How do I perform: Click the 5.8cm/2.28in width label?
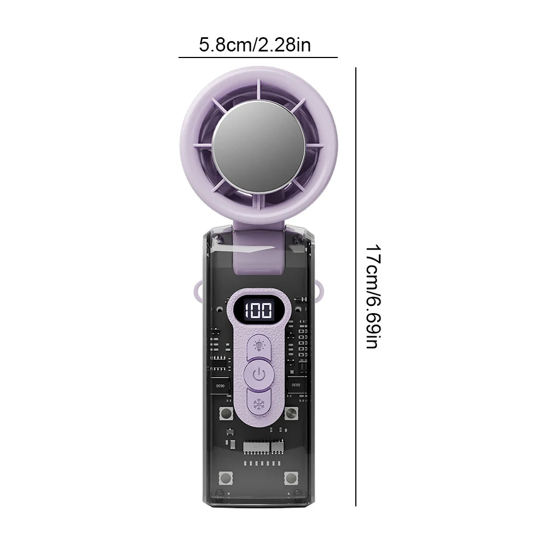tap(255, 45)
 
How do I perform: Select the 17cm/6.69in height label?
tap(373, 296)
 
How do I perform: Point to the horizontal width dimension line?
tap(258, 57)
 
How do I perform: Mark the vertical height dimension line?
tap(356, 286)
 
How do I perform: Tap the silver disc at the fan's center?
tap(258, 147)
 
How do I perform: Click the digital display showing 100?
tap(258, 310)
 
